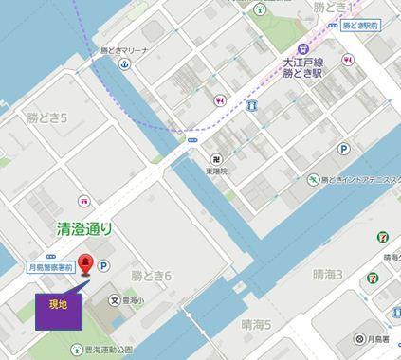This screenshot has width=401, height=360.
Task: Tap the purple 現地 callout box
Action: click(x=58, y=305)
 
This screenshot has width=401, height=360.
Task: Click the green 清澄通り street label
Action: click(x=84, y=227)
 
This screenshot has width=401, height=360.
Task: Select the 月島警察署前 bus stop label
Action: click(x=48, y=269)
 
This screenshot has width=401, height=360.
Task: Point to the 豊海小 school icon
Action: click(x=115, y=301)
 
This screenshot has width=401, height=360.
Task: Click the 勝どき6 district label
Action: click(x=151, y=276)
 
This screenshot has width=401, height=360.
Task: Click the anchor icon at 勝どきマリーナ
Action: click(x=123, y=63)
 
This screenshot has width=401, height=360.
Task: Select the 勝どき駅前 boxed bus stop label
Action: click(x=361, y=26)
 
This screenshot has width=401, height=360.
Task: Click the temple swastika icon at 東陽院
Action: click(x=217, y=158)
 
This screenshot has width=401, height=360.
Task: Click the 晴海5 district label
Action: click(x=256, y=325)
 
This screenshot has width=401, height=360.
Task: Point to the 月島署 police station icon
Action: click(x=359, y=339)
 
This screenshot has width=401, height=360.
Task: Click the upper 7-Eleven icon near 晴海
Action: click(x=383, y=236)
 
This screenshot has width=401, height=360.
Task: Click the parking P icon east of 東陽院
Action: click(x=342, y=149)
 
